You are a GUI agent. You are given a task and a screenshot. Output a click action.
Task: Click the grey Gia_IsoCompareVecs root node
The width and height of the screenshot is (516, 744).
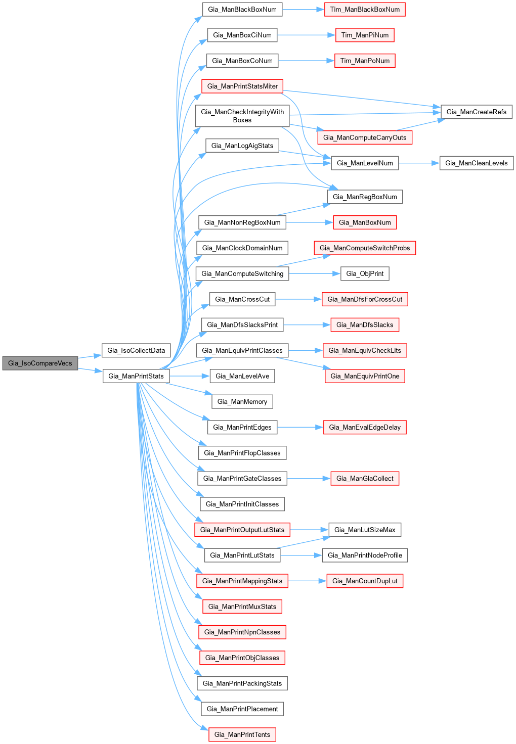(x=40, y=363)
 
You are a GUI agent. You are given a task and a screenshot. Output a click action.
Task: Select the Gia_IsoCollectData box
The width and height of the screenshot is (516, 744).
(x=136, y=350)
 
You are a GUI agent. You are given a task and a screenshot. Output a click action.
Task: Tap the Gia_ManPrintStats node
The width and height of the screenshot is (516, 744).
(x=136, y=376)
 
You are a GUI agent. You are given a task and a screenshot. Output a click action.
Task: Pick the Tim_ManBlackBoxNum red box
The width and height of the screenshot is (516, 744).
(x=365, y=10)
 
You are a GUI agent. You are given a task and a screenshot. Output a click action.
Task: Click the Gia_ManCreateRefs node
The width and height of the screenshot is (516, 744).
(x=476, y=112)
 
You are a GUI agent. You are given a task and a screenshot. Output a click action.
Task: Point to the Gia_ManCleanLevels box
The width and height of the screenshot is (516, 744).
(x=476, y=163)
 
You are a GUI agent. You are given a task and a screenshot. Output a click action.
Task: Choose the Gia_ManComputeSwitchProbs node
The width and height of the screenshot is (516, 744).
(x=365, y=248)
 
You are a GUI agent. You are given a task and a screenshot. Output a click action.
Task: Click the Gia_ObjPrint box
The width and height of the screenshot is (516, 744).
(x=365, y=273)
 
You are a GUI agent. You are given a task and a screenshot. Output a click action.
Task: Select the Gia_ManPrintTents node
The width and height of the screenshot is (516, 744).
(x=242, y=734)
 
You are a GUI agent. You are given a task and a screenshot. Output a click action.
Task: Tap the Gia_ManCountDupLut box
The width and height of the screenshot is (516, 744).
(x=365, y=581)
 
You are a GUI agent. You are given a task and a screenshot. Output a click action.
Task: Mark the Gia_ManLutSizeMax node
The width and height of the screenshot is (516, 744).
(x=365, y=530)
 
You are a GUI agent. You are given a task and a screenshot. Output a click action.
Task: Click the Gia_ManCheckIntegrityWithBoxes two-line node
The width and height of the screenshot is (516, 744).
(x=242, y=116)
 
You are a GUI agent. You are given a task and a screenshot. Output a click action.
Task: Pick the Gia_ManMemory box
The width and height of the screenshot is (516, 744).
(x=242, y=402)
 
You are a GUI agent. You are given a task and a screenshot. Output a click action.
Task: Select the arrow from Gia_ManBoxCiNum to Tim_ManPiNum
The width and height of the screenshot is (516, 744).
(x=306, y=35)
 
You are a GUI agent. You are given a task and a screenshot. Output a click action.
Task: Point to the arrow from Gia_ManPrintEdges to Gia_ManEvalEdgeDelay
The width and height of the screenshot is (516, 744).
(x=300, y=427)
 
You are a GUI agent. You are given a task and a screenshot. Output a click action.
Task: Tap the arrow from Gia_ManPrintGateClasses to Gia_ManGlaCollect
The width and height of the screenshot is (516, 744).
(x=309, y=478)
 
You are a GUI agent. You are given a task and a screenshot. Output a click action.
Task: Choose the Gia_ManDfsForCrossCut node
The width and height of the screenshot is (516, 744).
(x=365, y=299)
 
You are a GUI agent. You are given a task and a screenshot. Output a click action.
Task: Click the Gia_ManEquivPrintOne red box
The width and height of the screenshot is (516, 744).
(x=365, y=376)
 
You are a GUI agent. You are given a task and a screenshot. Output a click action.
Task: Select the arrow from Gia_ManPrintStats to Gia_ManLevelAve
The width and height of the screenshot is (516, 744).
(x=189, y=376)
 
